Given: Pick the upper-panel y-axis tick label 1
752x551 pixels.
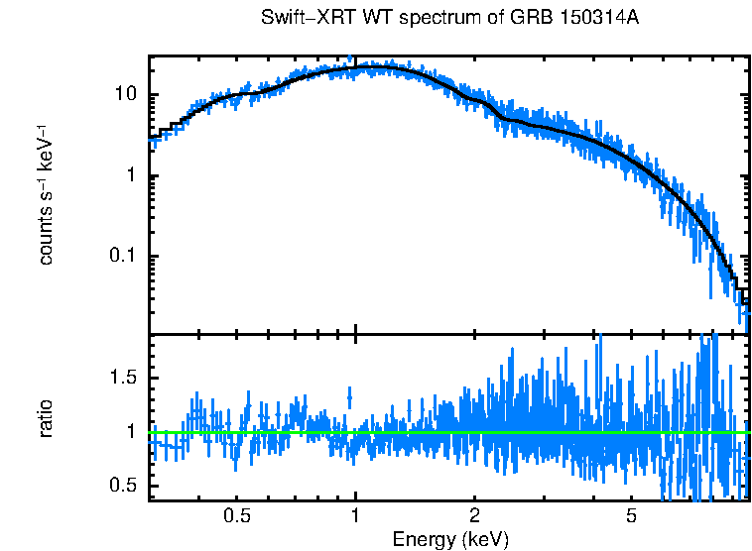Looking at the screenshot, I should pos(133,176).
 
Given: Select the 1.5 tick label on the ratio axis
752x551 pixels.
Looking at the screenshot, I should pos(125,379).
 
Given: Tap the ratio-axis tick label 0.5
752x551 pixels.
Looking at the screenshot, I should pos(125,486).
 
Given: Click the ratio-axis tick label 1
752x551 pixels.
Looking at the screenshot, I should pos(133,432).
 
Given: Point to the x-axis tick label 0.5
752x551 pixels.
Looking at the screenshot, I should pos(236,516).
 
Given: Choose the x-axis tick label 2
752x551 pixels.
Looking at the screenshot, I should pos(475,516).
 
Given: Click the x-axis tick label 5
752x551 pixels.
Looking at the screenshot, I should pos(631,516).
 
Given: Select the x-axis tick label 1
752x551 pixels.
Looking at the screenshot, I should pos(355,516).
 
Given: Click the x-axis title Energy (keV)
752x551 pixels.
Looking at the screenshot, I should pos(449,540).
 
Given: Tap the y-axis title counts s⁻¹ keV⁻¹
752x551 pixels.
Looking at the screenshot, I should pos(46,194).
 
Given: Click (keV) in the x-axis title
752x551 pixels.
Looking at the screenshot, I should pos(484,540).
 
